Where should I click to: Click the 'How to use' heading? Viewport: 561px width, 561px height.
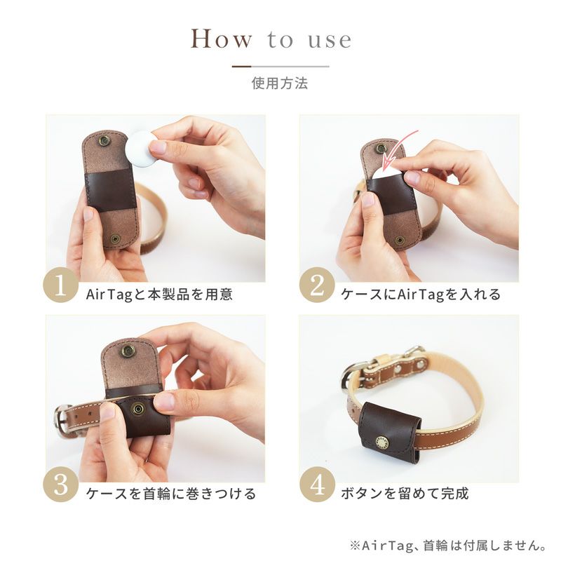point(271,39)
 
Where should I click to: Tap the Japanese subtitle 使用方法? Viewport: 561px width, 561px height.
point(280,83)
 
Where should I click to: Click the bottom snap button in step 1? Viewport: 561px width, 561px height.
point(115,239)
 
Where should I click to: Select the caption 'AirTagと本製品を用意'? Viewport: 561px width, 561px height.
point(159,295)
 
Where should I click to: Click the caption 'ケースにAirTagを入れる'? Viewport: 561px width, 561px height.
point(420,295)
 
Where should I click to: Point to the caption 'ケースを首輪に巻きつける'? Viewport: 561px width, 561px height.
point(171,494)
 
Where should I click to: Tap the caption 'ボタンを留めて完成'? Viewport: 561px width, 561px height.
point(405,494)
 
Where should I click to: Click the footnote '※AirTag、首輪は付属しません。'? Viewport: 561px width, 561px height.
point(448,546)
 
